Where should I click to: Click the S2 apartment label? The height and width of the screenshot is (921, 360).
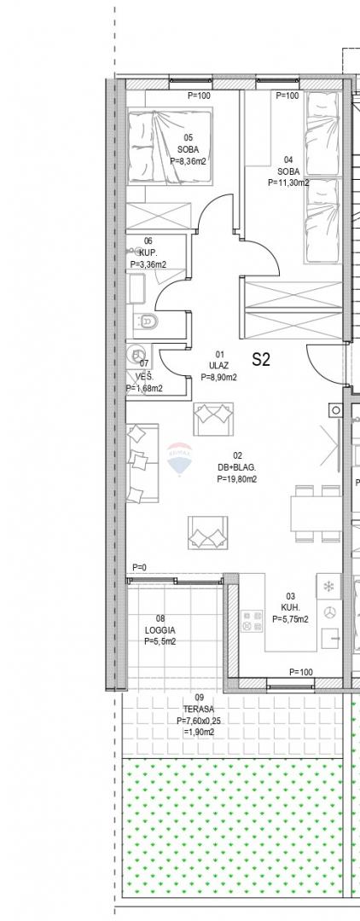click(261, 360)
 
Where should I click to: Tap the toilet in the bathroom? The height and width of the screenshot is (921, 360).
click(146, 321)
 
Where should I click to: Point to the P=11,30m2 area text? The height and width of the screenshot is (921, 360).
click(288, 182)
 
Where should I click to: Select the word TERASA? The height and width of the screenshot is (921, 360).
click(195, 709)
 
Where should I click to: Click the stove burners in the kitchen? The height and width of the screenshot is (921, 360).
click(253, 622)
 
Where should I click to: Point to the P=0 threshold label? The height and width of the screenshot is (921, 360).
click(139, 567)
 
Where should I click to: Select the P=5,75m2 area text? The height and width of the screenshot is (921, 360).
click(290, 618)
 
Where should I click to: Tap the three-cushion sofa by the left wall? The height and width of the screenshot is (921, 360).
click(142, 463)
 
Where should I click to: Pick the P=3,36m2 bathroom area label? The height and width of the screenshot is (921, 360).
click(148, 264)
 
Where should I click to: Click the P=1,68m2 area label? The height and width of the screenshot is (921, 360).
click(144, 388)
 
